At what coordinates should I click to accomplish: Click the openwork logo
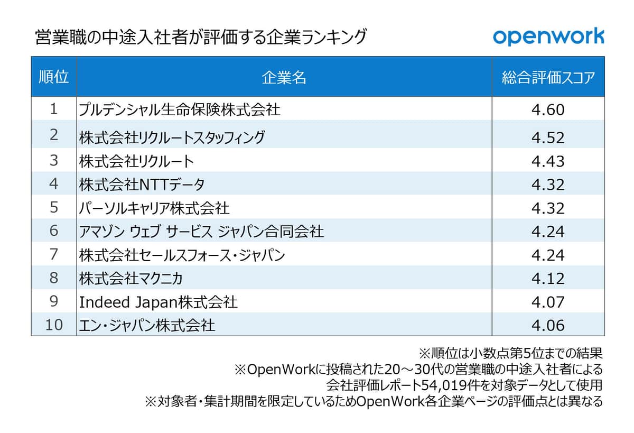tap(548, 36)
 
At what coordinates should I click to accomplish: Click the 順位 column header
tap(53, 77)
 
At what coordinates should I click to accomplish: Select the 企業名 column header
tap(284, 78)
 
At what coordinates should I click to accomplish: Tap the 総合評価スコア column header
tap(548, 78)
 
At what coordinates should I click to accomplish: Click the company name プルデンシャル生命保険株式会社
tap(180, 109)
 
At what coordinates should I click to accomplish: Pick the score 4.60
tap(548, 110)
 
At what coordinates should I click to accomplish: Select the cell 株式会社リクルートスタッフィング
tap(172, 137)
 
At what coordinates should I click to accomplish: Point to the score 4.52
tap(548, 137)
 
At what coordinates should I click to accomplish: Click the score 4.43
tap(548, 161)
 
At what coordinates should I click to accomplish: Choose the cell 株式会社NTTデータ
tap(142, 185)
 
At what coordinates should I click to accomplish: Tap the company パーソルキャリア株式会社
tap(154, 208)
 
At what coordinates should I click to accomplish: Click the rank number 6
tap(53, 231)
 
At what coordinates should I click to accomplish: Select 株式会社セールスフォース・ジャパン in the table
tap(182, 255)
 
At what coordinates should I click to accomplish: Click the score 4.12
tap(548, 278)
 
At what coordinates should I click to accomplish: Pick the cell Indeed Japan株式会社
tap(158, 302)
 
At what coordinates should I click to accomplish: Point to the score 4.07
tap(548, 302)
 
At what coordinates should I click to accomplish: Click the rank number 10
tap(53, 325)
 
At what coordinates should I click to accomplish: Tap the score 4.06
tap(548, 325)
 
